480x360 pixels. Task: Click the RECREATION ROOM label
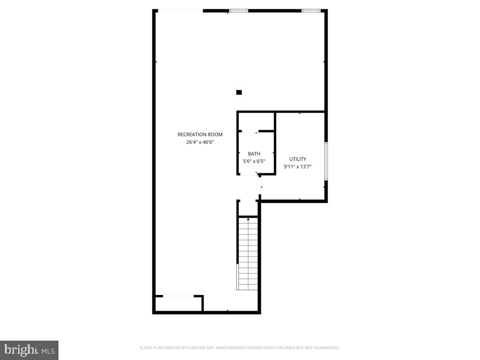200,134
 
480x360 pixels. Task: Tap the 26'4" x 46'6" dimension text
200,142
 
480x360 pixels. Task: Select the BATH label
254,154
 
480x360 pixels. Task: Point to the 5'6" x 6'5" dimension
254,161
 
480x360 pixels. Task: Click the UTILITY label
297,159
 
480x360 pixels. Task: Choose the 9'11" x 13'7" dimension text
297,166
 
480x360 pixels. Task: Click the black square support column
239,92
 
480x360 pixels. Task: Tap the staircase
247,254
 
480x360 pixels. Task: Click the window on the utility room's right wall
326,161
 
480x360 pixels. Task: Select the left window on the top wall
239,10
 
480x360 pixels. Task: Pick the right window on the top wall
310,10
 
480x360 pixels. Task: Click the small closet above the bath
256,121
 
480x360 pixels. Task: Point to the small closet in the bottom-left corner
178,303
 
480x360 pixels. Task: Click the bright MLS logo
29,350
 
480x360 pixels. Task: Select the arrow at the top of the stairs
248,219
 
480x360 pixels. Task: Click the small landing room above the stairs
248,208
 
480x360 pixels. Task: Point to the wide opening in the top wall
180,10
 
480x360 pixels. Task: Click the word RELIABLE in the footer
284,348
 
